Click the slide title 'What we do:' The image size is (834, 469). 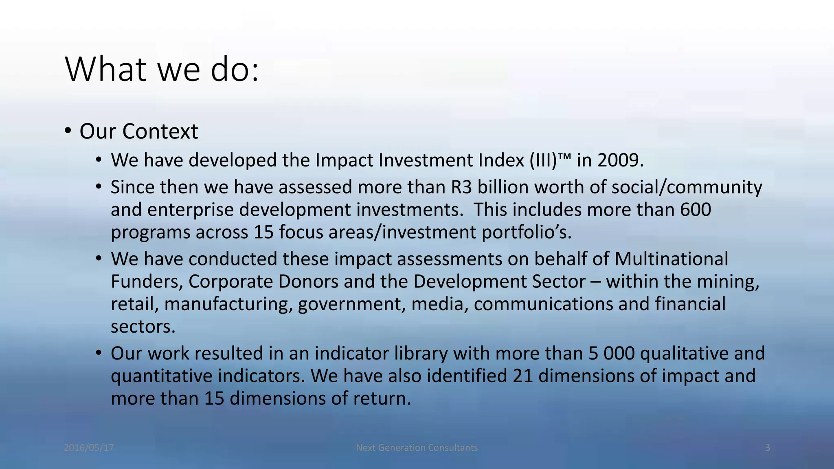[162, 69]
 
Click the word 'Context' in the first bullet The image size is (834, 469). [160, 131]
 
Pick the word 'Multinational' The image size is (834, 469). [671, 259]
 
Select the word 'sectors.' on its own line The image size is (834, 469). [143, 327]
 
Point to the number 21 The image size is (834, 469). [523, 376]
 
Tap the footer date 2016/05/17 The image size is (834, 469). [89, 448]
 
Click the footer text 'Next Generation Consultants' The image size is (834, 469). [417, 448]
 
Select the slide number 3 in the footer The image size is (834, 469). [767, 448]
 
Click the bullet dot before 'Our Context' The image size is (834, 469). [68, 131]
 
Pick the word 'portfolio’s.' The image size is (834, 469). [527, 232]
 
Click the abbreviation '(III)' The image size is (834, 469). [543, 160]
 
